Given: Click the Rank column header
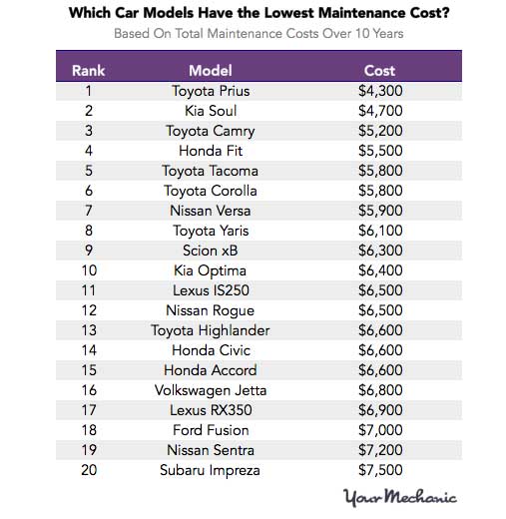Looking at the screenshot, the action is (89, 71).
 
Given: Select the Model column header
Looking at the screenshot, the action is (210, 71).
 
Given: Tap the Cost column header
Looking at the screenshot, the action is (379, 71).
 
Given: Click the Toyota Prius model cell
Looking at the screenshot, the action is (210, 91).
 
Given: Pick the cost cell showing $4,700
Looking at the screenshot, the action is (379, 111).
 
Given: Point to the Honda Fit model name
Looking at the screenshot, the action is (210, 151).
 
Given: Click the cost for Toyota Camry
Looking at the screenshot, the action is (379, 131).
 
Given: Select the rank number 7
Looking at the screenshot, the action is (89, 211).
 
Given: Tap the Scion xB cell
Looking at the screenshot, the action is (210, 251).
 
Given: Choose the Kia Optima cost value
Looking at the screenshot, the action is (379, 270).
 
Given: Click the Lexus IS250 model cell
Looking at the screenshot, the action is (210, 290).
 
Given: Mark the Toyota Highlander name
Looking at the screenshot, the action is (210, 330).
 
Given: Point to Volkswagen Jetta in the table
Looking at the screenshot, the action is (210, 390).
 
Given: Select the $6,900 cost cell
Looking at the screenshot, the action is (379, 410).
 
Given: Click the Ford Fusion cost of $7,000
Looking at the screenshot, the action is (379, 430).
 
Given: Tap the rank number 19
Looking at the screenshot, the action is (89, 450).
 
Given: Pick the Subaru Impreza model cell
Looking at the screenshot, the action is (210, 470).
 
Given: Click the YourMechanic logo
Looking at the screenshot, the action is (399, 497).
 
